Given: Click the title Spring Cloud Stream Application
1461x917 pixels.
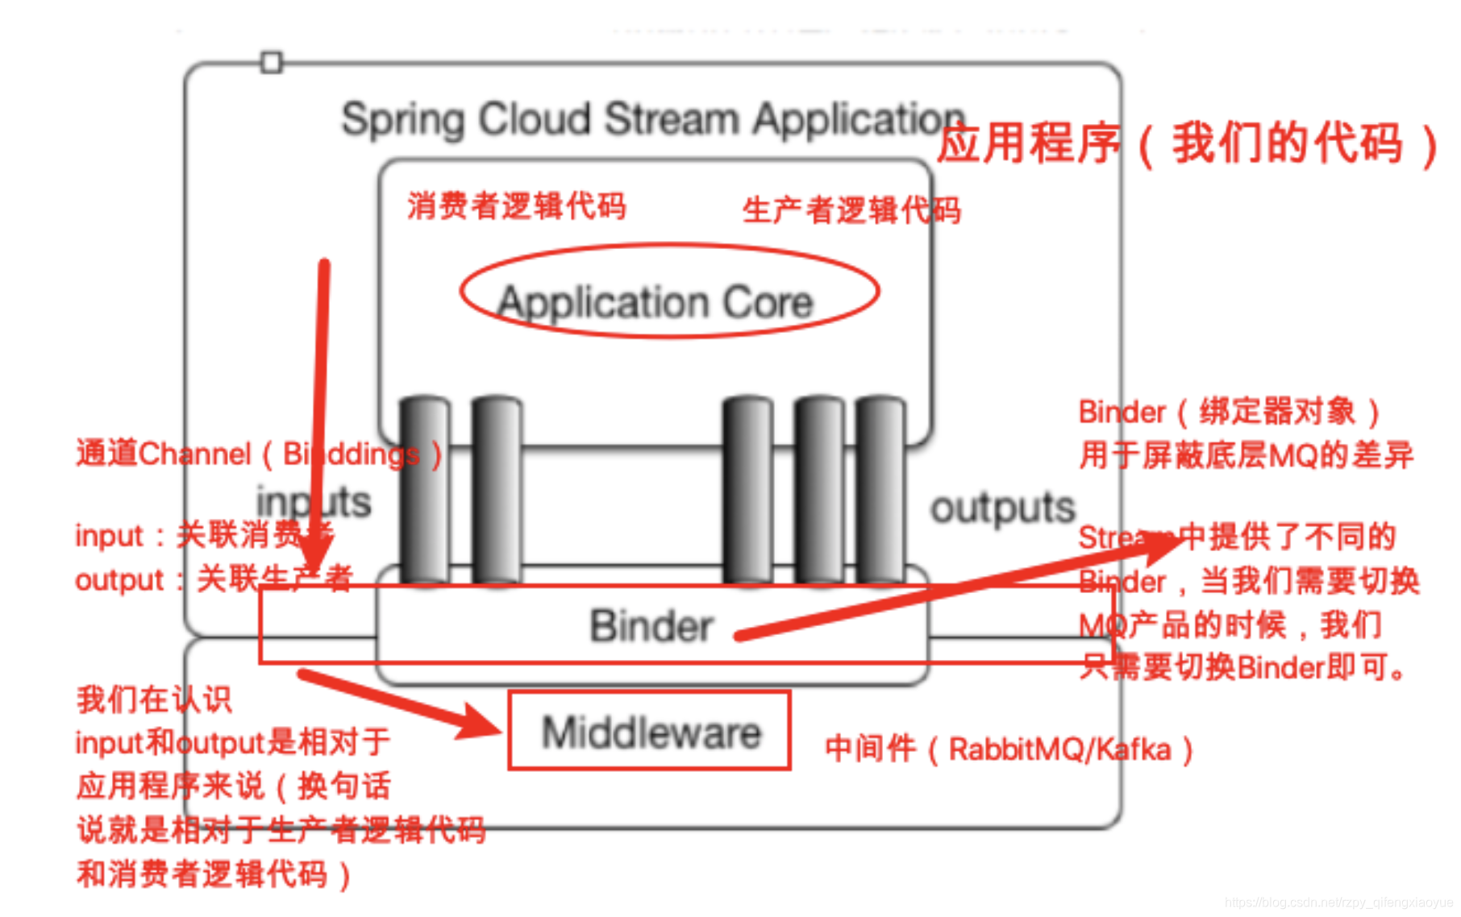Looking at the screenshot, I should pos(653,119).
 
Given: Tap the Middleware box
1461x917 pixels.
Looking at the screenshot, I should pos(650,731).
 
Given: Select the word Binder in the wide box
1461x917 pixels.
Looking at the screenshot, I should pos(651,626).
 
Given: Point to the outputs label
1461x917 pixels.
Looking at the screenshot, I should pos(1002,508).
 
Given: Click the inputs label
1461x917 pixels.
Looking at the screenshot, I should pos(314,501).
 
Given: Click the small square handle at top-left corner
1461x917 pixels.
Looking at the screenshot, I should pos(272,62).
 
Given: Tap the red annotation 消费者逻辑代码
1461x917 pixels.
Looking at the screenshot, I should pos(516,205).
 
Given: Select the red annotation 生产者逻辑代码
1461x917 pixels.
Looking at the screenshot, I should pos(851,210).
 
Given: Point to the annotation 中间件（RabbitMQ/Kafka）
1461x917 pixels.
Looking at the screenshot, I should pos(1008,749).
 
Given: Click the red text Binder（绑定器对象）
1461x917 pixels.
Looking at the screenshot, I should pos(1229,412).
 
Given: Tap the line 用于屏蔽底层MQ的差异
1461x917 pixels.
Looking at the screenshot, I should pos(1246,455).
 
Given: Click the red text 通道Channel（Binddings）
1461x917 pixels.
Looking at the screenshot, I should pos(258,454).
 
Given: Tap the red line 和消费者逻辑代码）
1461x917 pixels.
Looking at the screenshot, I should pos(214,874).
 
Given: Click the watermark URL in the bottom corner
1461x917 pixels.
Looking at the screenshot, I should pos(1338,902).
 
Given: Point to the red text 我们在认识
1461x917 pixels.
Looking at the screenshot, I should pos(153,699).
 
